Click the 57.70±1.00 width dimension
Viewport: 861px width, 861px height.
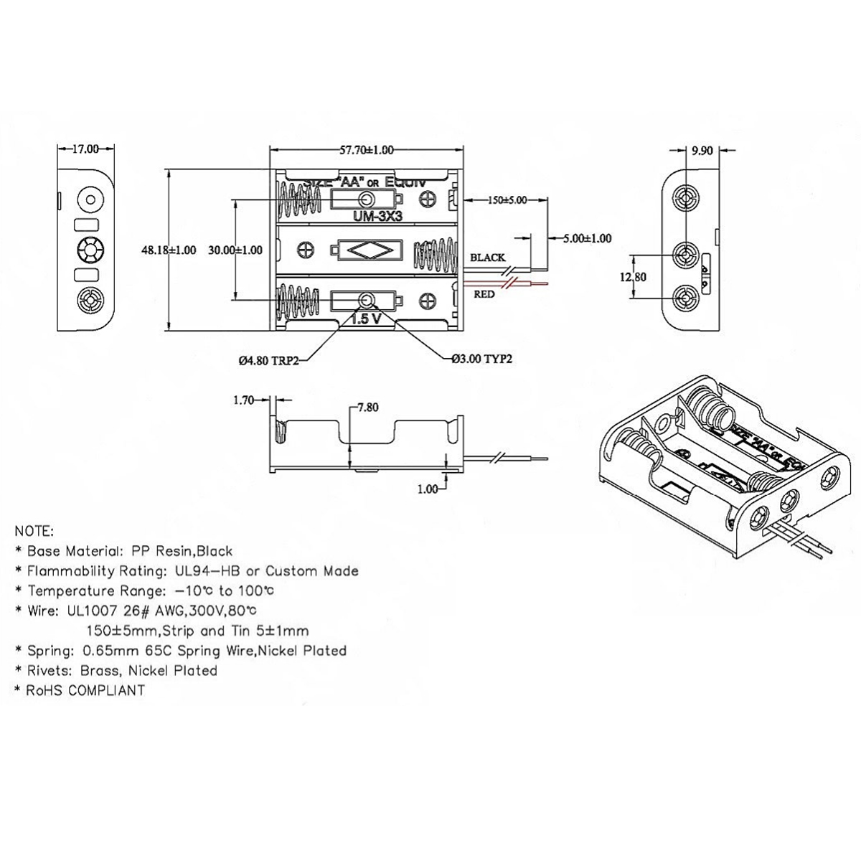click(x=366, y=150)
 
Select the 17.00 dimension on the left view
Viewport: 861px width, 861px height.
click(x=85, y=149)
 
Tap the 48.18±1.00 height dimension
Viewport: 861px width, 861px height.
click(x=169, y=250)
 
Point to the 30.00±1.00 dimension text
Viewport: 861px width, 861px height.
click(x=235, y=250)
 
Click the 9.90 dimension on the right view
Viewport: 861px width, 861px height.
click(x=702, y=151)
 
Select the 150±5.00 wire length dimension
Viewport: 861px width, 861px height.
click(x=507, y=200)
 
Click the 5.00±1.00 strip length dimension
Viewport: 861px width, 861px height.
click(x=586, y=238)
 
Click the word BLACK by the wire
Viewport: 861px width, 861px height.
click(x=487, y=258)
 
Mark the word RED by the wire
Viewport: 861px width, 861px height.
click(x=484, y=293)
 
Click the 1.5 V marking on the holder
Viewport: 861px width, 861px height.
click(x=365, y=319)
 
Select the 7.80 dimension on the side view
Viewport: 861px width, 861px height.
click(x=367, y=408)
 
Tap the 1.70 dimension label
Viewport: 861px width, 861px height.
click(x=244, y=400)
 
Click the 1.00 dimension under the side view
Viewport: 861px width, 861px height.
click(x=427, y=489)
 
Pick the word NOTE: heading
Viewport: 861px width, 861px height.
click(x=34, y=532)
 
